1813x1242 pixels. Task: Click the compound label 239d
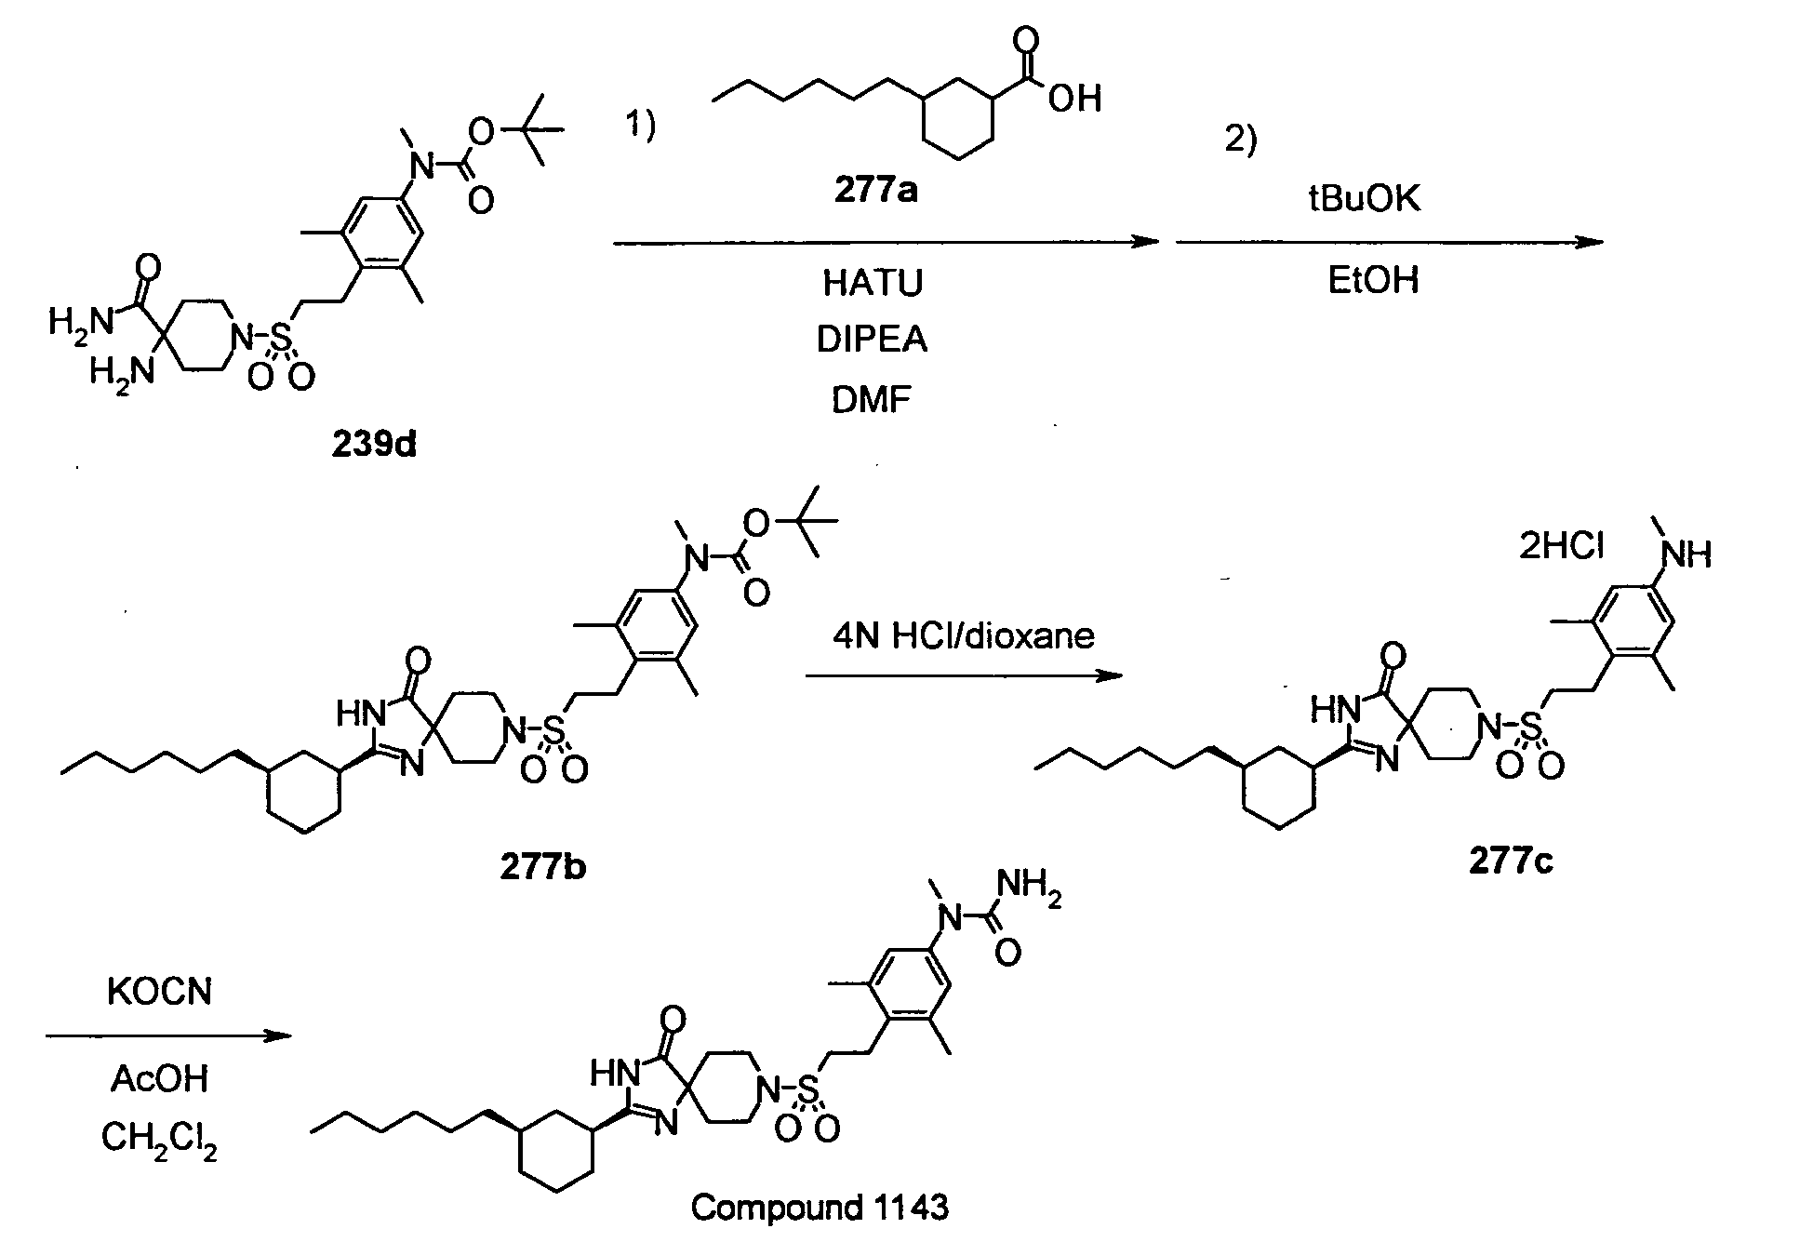point(374,446)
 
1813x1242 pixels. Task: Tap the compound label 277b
point(543,866)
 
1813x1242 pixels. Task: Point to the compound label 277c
point(1511,862)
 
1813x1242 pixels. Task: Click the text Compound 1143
point(820,1208)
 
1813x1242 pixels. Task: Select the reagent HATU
point(873,283)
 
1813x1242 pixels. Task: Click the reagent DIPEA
point(873,341)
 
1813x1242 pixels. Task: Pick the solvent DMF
point(873,400)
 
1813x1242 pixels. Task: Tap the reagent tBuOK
point(1365,199)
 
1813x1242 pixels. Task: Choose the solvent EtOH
point(1374,280)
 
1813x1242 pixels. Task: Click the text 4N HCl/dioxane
point(964,635)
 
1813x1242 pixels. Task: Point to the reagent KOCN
point(160,993)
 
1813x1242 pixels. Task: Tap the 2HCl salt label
point(1562,546)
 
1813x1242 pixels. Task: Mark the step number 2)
point(1240,140)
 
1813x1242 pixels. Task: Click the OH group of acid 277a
point(1075,99)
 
